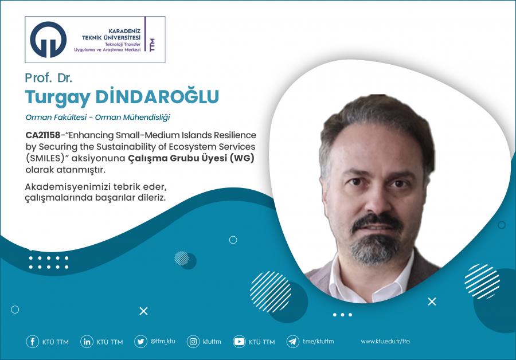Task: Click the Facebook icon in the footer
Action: click(32, 342)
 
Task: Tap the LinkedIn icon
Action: click(87, 342)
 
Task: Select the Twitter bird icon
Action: click(140, 342)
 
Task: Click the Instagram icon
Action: click(193, 342)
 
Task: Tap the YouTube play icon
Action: click(239, 342)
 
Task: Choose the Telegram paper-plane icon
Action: click(293, 342)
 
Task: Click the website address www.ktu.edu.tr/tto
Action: click(385, 341)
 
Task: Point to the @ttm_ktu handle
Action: click(163, 341)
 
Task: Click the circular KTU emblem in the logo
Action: click(48, 40)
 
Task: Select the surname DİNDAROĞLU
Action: click(157, 96)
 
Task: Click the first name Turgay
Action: click(57, 97)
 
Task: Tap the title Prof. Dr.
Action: click(49, 77)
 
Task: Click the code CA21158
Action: click(43, 135)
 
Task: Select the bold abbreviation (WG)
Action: click(242, 158)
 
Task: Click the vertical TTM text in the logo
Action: click(152, 44)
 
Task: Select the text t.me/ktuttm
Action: click(318, 341)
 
